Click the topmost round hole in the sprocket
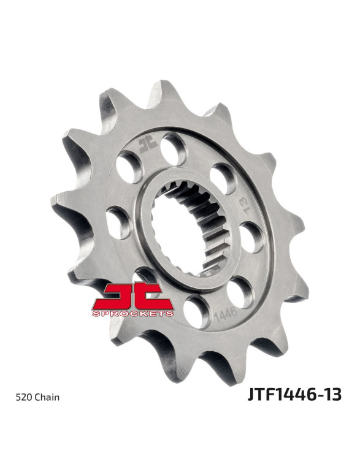pos(174,149)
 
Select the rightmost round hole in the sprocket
pos(251,237)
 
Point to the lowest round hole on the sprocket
pos(197,312)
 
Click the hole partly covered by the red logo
pos(145,276)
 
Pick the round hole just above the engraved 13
pos(223,178)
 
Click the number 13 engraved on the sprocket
pos(244,205)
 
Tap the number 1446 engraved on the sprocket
pos(226,315)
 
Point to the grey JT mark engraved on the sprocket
pos(148,146)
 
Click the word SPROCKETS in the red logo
pos(133,313)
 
